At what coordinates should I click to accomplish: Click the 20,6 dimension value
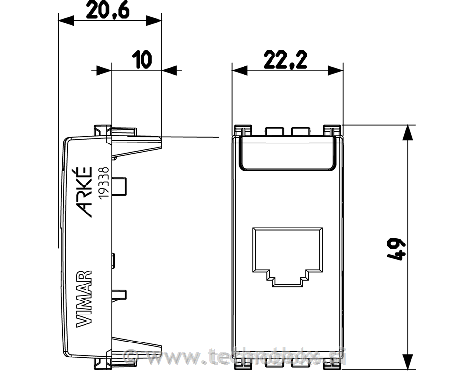[x=108, y=11]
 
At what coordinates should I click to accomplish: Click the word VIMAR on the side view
[x=84, y=299]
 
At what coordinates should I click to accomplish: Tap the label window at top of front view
[x=288, y=153]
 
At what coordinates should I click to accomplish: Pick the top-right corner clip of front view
[x=332, y=130]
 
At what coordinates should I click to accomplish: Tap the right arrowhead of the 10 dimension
[x=169, y=71]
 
